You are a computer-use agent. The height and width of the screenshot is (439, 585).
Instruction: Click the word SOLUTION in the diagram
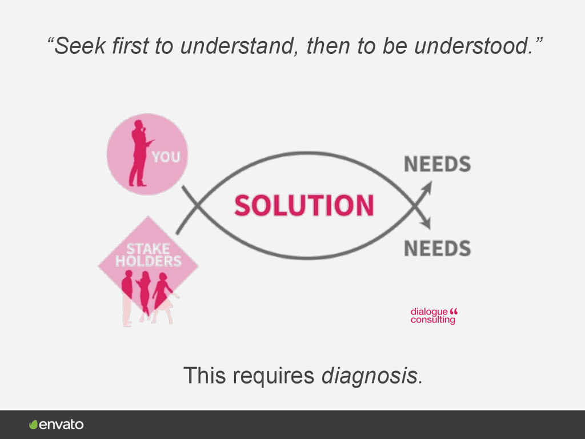(304, 205)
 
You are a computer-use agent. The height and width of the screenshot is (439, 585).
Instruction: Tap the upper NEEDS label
(437, 165)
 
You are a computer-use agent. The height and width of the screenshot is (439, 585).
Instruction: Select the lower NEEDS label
(437, 248)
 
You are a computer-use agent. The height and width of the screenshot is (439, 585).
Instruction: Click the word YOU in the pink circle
(166, 157)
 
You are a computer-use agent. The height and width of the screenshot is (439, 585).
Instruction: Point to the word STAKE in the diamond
(148, 249)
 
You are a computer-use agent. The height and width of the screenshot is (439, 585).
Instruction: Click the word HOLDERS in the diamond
(149, 261)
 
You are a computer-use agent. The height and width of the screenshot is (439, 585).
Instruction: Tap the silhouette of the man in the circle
(139, 153)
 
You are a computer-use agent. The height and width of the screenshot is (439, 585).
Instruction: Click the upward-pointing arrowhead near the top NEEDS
(428, 187)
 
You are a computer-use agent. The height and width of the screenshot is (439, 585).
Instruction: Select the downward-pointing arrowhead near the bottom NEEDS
(427, 224)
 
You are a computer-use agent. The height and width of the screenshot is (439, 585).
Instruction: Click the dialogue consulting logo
(434, 316)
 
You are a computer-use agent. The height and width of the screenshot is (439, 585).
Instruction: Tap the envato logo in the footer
(57, 425)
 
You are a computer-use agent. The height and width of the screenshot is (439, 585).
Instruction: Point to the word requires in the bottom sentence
(273, 376)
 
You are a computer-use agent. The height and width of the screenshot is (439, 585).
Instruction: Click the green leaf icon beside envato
(34, 425)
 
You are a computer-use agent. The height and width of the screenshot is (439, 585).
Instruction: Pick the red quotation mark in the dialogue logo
(454, 312)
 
